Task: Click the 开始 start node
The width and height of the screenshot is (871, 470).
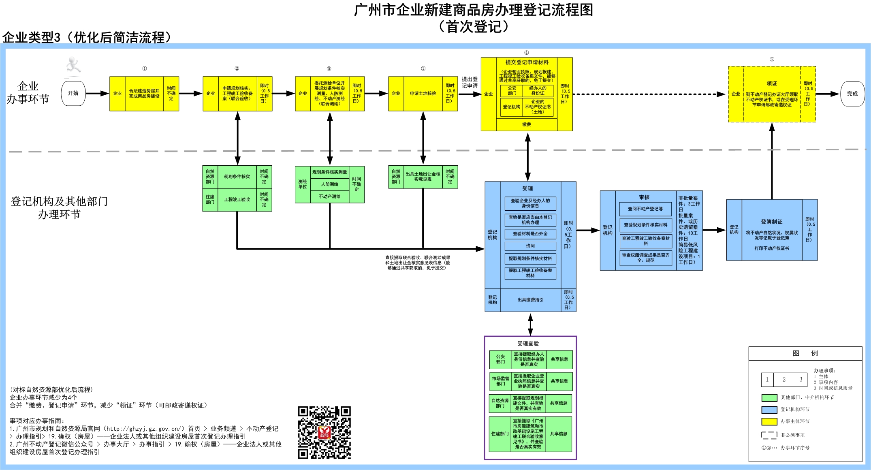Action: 73,93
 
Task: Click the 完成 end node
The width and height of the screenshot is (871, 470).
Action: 852,94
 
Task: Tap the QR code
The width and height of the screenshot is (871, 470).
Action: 324,432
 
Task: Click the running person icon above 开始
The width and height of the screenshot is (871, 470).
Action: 73,67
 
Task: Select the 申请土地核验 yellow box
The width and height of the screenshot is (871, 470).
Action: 423,94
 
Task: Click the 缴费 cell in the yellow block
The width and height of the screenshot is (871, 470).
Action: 526,125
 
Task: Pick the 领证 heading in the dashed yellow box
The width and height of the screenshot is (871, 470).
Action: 772,83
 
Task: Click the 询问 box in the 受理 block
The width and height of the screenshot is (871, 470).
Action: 530,246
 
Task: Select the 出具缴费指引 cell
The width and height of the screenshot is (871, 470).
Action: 530,300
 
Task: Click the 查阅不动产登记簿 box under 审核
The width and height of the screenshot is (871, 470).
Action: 645,209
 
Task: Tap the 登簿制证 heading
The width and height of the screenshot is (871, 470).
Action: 771,222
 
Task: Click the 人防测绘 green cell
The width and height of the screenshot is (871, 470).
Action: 329,184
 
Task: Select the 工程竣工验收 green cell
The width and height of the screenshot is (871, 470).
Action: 237,199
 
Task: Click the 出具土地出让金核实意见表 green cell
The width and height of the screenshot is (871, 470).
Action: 423,177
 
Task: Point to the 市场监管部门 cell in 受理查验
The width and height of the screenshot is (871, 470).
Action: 500,381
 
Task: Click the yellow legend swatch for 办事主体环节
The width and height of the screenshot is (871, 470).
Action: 769,421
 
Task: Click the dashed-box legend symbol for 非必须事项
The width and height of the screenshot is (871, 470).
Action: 769,435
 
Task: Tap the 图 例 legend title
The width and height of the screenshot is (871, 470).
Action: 805,353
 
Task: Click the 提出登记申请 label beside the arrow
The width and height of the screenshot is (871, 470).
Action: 470,82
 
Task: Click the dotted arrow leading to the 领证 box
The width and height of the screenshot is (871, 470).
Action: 648,94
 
